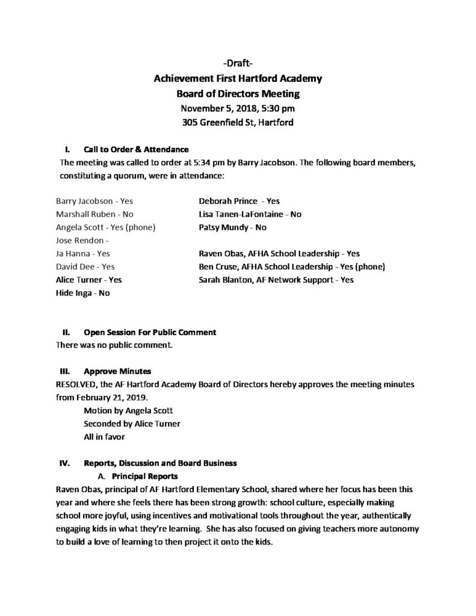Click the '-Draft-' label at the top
[x=238, y=64]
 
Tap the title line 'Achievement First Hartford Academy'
[x=238, y=79]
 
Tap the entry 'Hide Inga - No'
[x=82, y=293]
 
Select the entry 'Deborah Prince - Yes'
[x=239, y=201]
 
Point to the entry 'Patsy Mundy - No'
[x=232, y=227]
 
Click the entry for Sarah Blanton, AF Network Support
[x=276, y=280]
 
